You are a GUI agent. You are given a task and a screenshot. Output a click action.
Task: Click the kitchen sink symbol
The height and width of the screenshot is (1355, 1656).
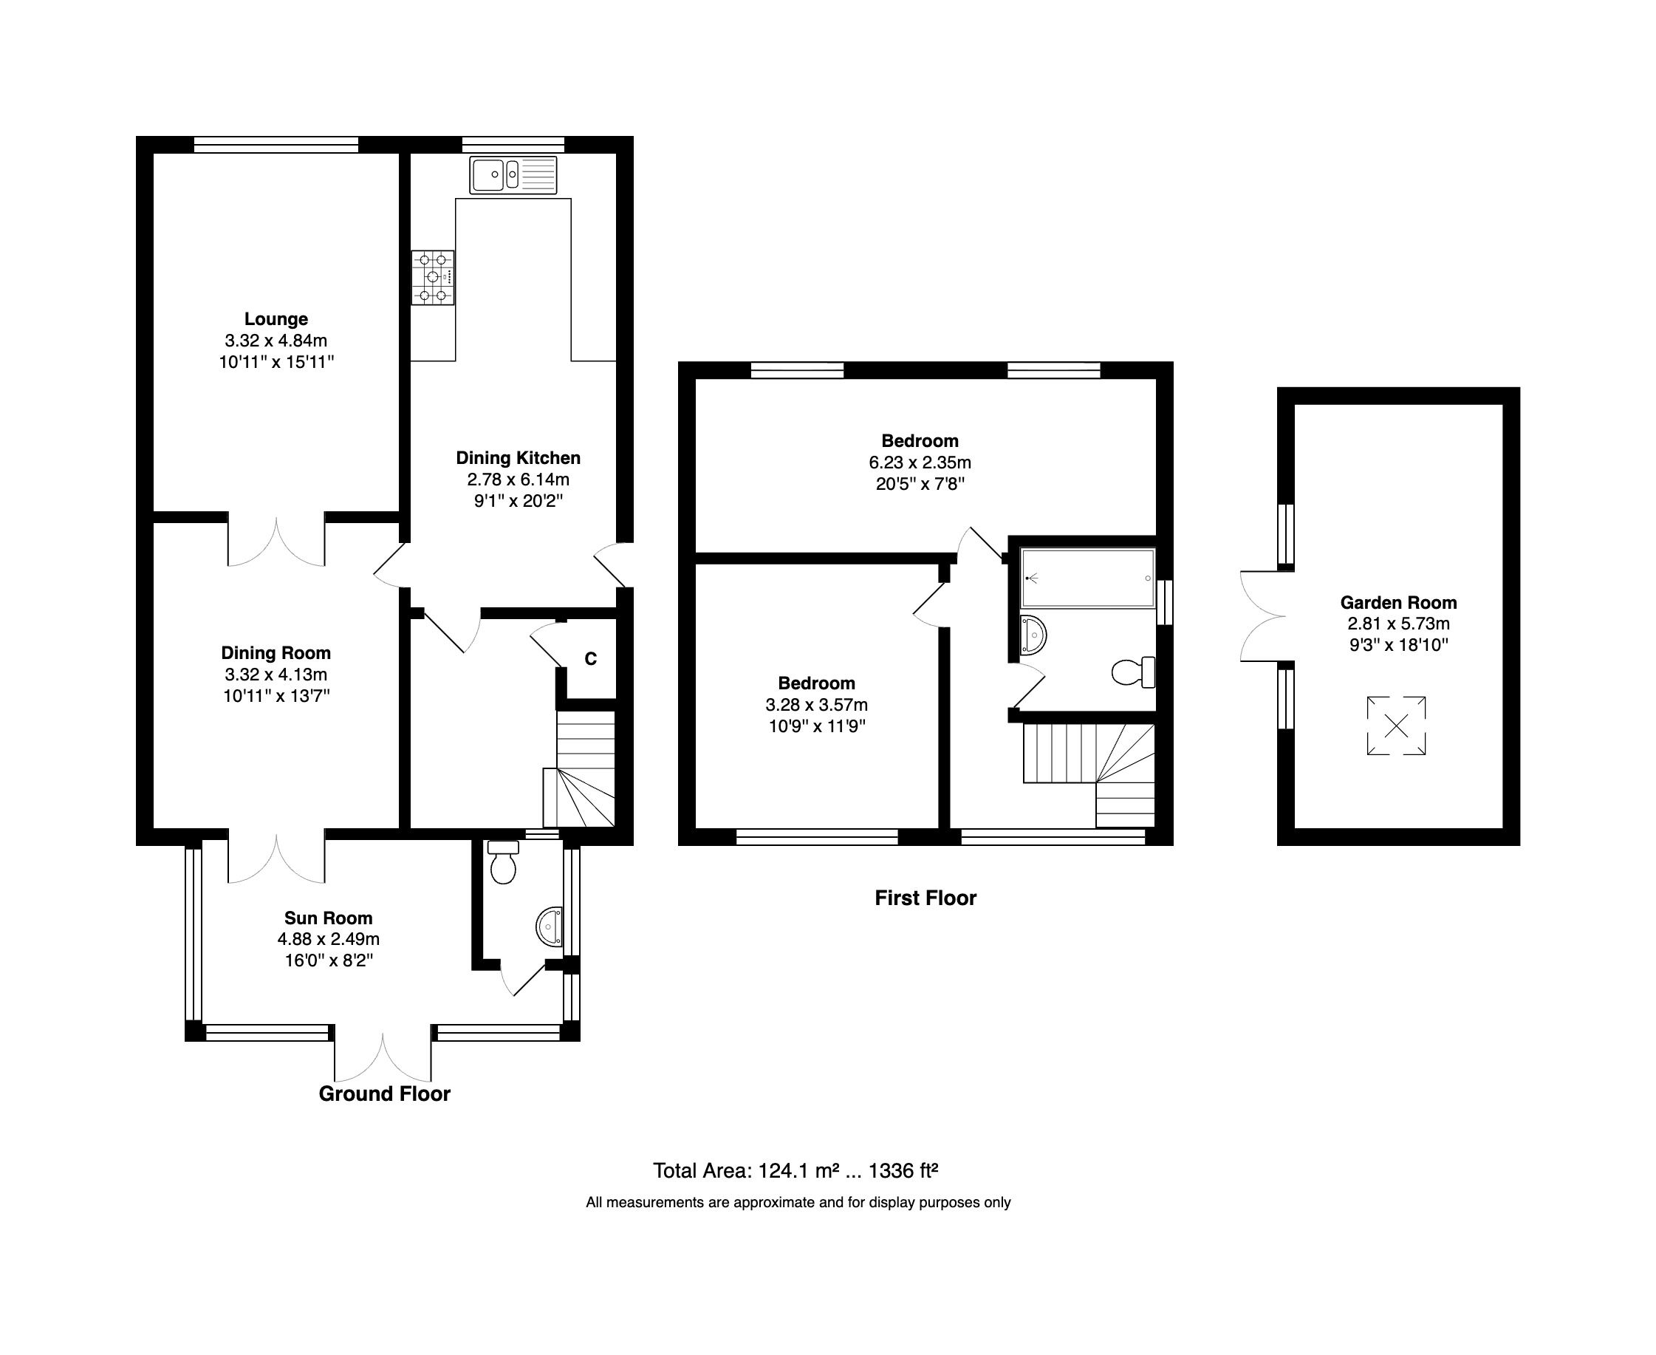coord(513,175)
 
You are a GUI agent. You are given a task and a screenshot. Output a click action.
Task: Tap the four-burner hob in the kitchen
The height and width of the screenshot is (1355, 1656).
coord(433,277)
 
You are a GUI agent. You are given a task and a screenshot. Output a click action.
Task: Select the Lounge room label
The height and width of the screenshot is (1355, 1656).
coord(276,318)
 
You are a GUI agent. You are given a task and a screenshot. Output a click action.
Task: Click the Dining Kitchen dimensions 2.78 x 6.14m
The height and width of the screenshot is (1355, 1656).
coord(519,479)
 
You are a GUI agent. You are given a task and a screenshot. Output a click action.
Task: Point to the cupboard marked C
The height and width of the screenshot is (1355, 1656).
coord(591,659)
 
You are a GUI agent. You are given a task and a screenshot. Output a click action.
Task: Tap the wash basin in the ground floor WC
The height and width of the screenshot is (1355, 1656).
coord(550,926)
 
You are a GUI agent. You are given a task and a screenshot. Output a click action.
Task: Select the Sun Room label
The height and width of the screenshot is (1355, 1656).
coord(328,918)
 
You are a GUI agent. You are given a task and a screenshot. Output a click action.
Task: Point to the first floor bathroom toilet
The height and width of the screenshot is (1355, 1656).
coord(1132,672)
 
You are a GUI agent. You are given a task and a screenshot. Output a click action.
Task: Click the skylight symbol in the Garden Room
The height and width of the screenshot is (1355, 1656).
coord(1396,726)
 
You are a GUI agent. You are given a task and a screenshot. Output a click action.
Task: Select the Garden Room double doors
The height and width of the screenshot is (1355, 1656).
coord(1262,617)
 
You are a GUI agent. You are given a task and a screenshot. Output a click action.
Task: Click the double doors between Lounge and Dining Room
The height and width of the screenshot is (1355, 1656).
coord(276,540)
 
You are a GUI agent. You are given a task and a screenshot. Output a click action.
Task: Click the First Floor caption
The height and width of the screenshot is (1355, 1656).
coord(925,898)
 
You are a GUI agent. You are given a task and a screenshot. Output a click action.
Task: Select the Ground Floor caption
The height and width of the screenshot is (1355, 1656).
coord(384,1093)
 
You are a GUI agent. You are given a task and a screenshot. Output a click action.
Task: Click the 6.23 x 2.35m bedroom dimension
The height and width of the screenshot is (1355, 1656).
coord(920,462)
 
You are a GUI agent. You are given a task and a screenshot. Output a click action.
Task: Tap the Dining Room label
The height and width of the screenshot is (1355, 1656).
coord(276,652)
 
